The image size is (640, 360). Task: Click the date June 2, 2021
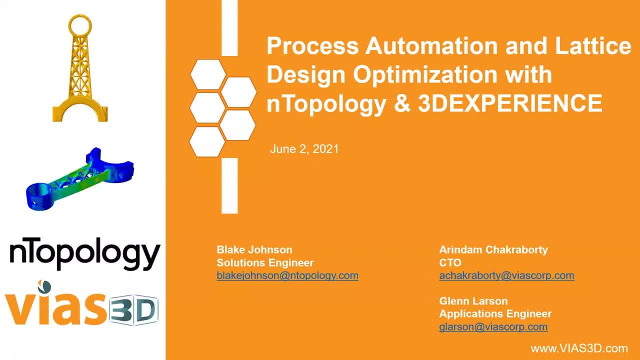pyautogui.click(x=304, y=149)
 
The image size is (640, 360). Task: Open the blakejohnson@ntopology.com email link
pyautogui.click(x=287, y=275)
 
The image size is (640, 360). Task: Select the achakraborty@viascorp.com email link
pyautogui.click(x=506, y=275)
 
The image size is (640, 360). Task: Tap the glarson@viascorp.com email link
pyautogui.click(x=493, y=327)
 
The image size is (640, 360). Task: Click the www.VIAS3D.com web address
pyautogui.click(x=579, y=348)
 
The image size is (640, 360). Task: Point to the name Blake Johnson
pyautogui.click(x=254, y=249)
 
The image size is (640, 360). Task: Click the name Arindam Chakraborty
pyautogui.click(x=493, y=249)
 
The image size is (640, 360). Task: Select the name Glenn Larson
pyautogui.click(x=473, y=301)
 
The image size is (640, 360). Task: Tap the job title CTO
pyautogui.click(x=450, y=263)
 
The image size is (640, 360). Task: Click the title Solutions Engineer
pyautogui.click(x=265, y=263)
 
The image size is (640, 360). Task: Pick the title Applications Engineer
pyautogui.click(x=495, y=314)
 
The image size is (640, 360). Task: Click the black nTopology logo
pyautogui.click(x=85, y=253)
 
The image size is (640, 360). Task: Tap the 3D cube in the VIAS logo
pyautogui.click(x=133, y=309)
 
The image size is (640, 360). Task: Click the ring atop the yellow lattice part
pyautogui.click(x=80, y=15)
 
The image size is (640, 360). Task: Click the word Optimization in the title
pyautogui.click(x=425, y=75)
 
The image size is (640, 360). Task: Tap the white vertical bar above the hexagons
pyautogui.click(x=229, y=27)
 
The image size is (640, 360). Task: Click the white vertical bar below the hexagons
pyautogui.click(x=229, y=185)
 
